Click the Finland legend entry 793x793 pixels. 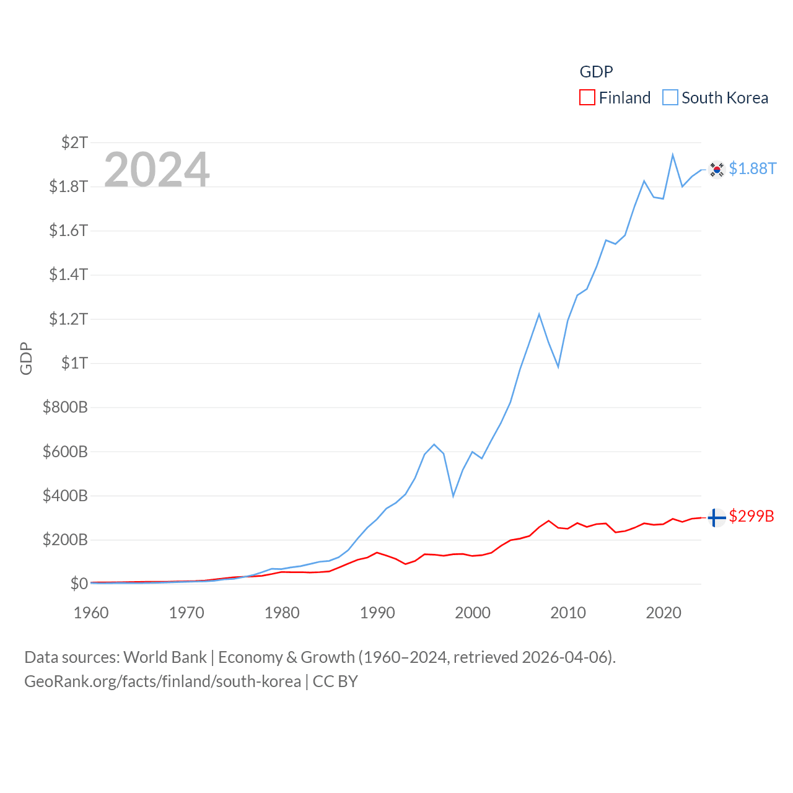pos(615,98)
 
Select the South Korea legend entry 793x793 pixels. pos(716,98)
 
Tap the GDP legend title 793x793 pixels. pos(596,72)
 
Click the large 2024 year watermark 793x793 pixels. pos(157,169)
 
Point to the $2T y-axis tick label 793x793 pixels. pos(74,142)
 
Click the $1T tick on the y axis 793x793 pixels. pos(74,363)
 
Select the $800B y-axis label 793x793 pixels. pos(65,407)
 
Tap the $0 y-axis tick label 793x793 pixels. pos(79,584)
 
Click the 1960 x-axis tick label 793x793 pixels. pos(91,613)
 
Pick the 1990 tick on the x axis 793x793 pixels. pos(377,613)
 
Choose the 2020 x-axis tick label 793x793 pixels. pos(664,613)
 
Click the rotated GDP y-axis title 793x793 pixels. pos(26,358)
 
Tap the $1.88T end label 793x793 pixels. pos(752,169)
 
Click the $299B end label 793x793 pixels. pos(751,516)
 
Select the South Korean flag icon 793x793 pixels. pos(717,169)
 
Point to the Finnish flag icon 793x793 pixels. pos(717,517)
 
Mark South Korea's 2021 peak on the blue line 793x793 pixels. pos(673,155)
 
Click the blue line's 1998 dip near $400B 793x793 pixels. pos(453,496)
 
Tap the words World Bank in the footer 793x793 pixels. pos(165,657)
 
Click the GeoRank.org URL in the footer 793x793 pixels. pos(162,681)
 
